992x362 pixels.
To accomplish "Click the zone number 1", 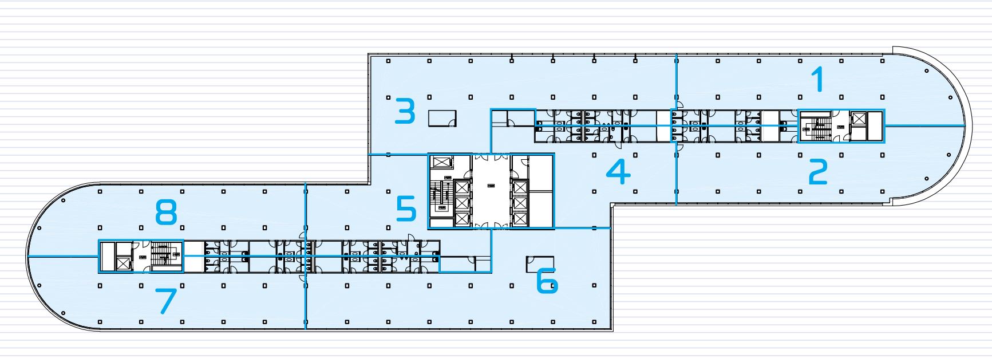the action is pos(820,79).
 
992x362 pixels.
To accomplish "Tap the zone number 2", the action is pos(818,172).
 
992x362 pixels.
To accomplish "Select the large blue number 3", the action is pos(405,112).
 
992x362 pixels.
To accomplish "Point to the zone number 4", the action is pos(618,171).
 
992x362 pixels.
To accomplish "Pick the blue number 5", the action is pos(406,209).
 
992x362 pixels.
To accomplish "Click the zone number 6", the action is pos(547,282).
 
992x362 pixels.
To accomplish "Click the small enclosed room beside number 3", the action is pos(442,117).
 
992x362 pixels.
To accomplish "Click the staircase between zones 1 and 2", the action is pos(816,127).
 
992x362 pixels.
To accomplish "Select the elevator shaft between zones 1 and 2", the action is pos(859,119).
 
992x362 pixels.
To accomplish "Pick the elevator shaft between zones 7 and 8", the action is pos(122,263).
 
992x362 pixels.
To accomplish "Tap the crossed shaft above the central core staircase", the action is pos(442,162).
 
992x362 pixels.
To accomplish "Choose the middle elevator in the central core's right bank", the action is pos(519,203).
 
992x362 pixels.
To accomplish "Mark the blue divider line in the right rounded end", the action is pos(924,125).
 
